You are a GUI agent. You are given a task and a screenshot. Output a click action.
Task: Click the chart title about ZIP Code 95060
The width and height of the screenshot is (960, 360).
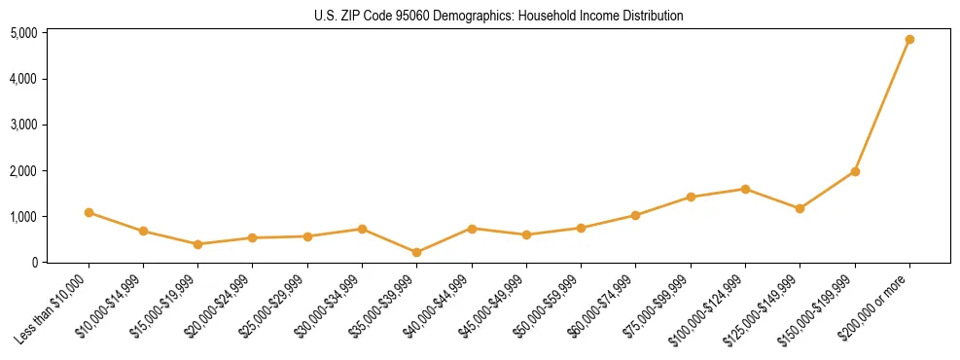[x=498, y=16]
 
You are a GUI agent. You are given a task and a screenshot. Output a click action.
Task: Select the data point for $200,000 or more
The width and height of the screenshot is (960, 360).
[x=909, y=40]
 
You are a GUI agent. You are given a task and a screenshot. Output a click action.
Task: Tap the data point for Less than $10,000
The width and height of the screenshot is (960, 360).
[x=89, y=212]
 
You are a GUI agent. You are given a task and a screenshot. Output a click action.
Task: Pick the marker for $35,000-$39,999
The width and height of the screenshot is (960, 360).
[x=416, y=252]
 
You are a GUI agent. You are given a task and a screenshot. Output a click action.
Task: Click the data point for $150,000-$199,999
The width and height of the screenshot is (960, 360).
[x=855, y=171]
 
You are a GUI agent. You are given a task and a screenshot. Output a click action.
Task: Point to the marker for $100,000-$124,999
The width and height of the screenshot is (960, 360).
[x=745, y=189]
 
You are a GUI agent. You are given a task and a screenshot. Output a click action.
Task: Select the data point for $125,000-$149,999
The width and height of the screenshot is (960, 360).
[x=800, y=208]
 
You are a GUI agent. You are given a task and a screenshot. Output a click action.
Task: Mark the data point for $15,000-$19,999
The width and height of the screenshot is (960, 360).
[x=197, y=244]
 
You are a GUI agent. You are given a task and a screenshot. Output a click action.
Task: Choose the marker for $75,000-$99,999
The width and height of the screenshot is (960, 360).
[x=691, y=197]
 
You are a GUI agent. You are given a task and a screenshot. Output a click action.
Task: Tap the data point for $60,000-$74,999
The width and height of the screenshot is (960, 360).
[x=635, y=215]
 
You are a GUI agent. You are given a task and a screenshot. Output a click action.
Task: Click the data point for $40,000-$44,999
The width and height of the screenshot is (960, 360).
[x=472, y=229]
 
